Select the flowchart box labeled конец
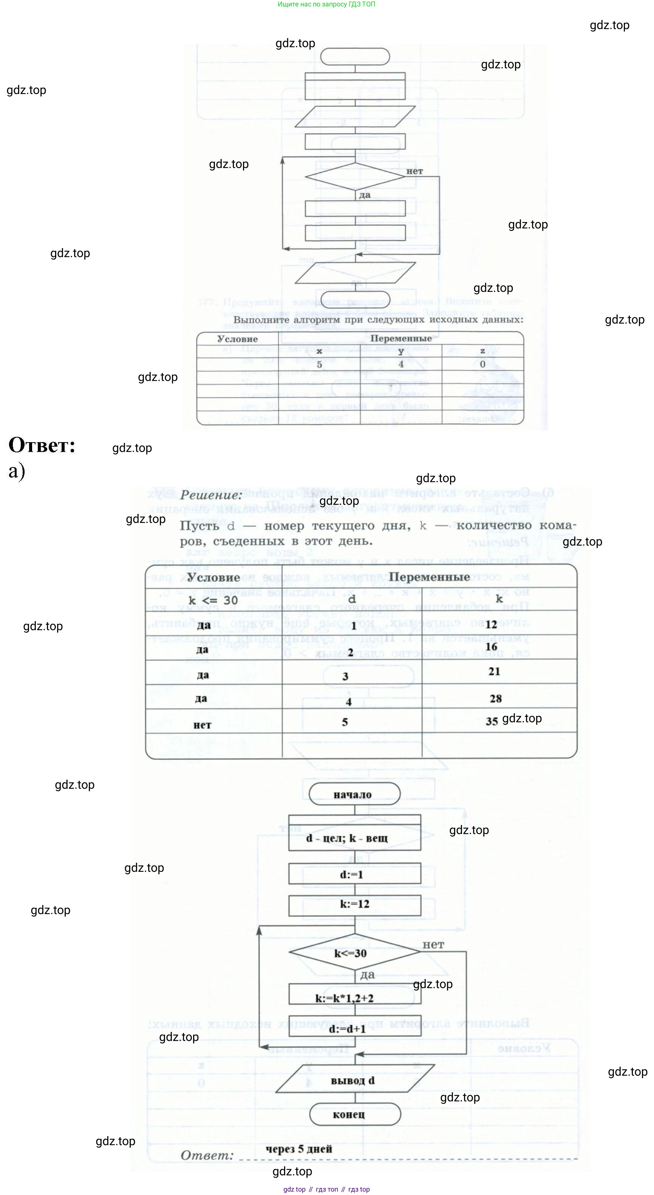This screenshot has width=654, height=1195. [x=354, y=1115]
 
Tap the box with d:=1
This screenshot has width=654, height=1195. [x=354, y=874]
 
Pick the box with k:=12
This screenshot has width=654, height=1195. [x=354, y=904]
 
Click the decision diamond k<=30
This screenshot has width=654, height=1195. [x=354, y=953]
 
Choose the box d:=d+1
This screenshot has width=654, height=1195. [x=354, y=1028]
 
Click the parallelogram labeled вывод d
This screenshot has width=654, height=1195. [x=354, y=1081]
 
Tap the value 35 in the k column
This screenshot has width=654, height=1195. [x=492, y=722]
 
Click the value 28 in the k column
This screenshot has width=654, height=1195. [x=495, y=698]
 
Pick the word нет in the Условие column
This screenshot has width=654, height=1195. [x=203, y=725]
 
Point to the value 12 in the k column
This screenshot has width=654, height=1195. [x=491, y=624]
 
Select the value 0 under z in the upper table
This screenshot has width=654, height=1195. [x=482, y=364]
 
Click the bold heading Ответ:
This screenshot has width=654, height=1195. [x=42, y=446]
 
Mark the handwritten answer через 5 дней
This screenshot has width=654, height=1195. [x=298, y=1149]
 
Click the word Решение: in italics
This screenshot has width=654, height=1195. [x=211, y=495]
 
